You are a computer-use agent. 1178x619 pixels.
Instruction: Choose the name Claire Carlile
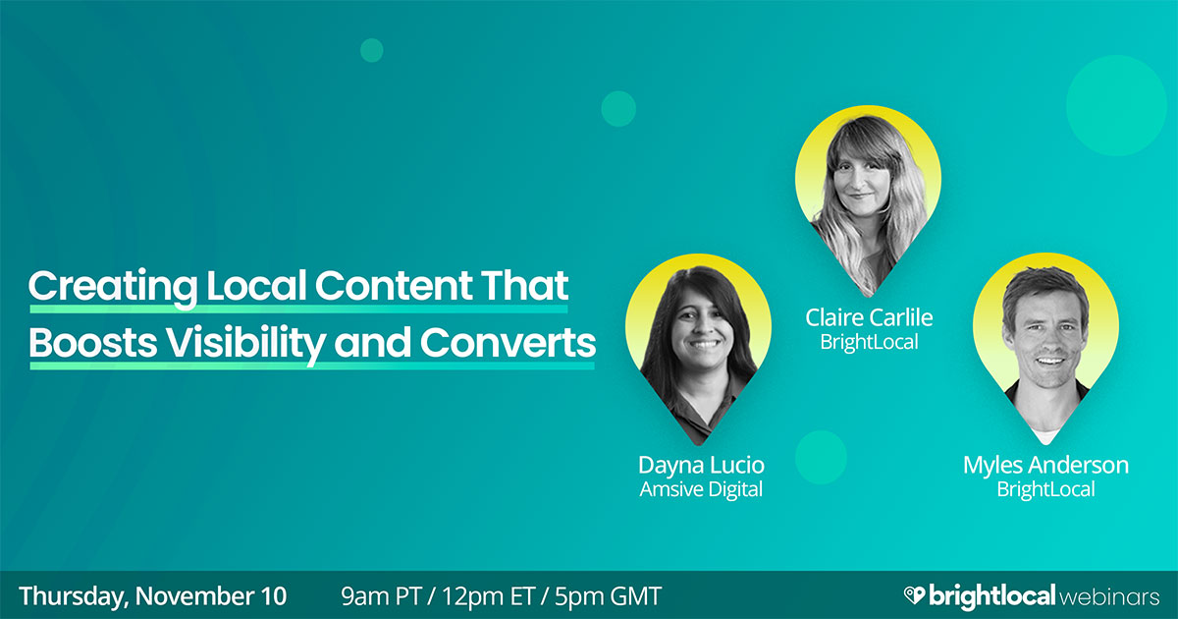click(x=868, y=316)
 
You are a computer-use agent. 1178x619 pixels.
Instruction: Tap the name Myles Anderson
click(x=1045, y=464)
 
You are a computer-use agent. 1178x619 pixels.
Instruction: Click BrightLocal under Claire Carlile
click(x=868, y=341)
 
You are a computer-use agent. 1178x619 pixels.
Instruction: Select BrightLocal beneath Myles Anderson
click(x=1045, y=488)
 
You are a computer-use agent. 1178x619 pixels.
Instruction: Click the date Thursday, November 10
click(x=153, y=595)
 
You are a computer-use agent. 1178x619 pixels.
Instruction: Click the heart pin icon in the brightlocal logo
click(x=914, y=595)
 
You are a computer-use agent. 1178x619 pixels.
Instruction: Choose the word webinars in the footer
click(x=1111, y=595)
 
